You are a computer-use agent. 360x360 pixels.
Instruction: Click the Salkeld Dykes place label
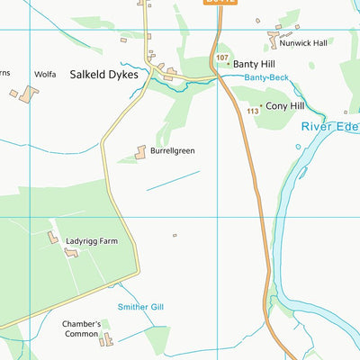pos(104,76)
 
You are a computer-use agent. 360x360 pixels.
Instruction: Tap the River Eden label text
pos(328,128)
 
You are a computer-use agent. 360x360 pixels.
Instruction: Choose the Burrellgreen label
pos(173,151)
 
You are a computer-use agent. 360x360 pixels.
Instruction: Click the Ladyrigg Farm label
pos(92,242)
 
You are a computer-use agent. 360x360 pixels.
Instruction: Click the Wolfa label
pos(45,75)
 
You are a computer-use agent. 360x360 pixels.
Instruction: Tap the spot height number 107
pos(222,58)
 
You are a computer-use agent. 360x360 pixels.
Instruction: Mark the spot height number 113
pos(253,111)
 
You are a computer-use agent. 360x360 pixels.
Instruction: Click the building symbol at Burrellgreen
pos(141,153)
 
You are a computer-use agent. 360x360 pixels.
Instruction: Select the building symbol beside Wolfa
pos(29,93)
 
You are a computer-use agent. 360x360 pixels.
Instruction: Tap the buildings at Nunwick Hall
pos(274,40)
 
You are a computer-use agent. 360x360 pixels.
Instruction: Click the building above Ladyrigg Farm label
pos(53,238)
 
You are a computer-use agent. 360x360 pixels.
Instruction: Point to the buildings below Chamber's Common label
pos(107,339)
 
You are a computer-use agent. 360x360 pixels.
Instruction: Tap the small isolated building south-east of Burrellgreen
pos(175,236)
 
